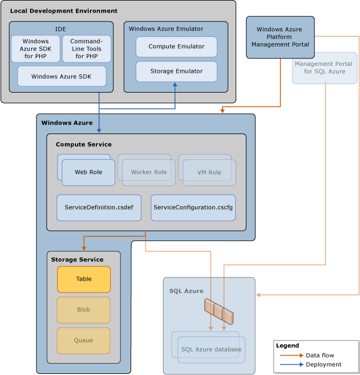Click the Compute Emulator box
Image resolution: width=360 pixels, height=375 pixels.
pyautogui.click(x=176, y=47)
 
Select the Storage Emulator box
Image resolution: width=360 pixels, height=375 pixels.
pyautogui.click(x=176, y=72)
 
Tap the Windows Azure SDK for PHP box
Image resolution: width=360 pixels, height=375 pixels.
pyautogui.click(x=36, y=49)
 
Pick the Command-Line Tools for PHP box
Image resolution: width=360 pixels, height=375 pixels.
pyautogui.click(x=87, y=49)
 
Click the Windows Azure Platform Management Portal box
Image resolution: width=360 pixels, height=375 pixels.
pyautogui.click(x=281, y=37)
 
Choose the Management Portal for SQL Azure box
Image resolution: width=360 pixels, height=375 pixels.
pyautogui.click(x=325, y=68)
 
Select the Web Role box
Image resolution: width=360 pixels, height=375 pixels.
pyautogui.click(x=88, y=172)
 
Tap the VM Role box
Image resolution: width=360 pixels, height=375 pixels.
pyautogui.click(x=209, y=172)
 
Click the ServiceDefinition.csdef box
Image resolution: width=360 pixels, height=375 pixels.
pyautogui.click(x=99, y=208)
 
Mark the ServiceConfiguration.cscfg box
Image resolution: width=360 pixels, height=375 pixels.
pyautogui.click(x=193, y=208)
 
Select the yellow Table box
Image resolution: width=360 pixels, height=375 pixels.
pyautogui.click(x=84, y=279)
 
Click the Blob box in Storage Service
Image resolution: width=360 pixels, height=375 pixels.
pyautogui.click(x=83, y=310)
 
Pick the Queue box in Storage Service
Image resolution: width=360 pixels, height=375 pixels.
pyautogui.click(x=83, y=341)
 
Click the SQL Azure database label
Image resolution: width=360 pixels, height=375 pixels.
pyautogui.click(x=211, y=349)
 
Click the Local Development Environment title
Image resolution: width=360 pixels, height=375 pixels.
pyautogui.click(x=64, y=11)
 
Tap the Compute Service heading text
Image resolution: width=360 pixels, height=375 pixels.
pyautogui.click(x=83, y=144)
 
